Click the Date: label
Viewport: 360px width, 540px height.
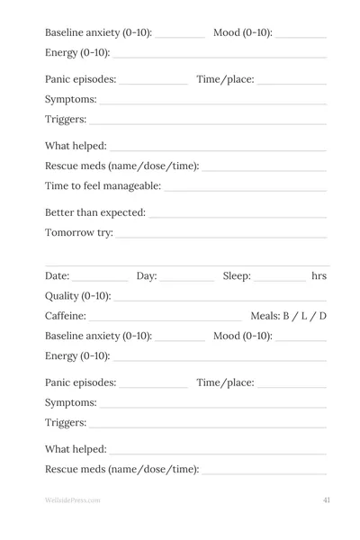pyautogui.click(x=57, y=275)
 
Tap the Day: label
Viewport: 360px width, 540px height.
pyautogui.click(x=147, y=275)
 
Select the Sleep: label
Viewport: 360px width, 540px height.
pyautogui.click(x=237, y=275)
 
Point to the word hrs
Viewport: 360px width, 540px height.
pyautogui.click(x=319, y=275)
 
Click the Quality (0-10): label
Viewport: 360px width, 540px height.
pyautogui.click(x=78, y=296)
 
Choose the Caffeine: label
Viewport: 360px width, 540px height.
pyautogui.click(x=66, y=316)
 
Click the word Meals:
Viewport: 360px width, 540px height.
pyautogui.click(x=265, y=316)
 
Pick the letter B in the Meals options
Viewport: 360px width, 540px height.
pyautogui.click(x=287, y=316)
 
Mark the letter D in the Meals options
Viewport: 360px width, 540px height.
pyautogui.click(x=322, y=316)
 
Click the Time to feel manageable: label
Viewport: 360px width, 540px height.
pyautogui.click(x=103, y=186)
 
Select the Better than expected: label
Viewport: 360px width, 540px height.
pyautogui.click(x=94, y=212)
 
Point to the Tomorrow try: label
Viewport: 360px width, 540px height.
pyautogui.click(x=79, y=233)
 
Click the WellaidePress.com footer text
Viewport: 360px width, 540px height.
pyautogui.click(x=72, y=499)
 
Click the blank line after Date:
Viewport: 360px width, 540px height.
pyautogui.click(x=100, y=280)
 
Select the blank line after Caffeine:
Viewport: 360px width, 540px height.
pyautogui.click(x=166, y=320)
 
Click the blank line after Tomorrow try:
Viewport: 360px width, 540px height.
pyautogui.click(x=221, y=238)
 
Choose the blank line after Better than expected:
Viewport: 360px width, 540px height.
pyautogui.click(x=238, y=217)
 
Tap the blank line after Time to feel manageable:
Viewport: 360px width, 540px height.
pyautogui.click(x=246, y=191)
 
